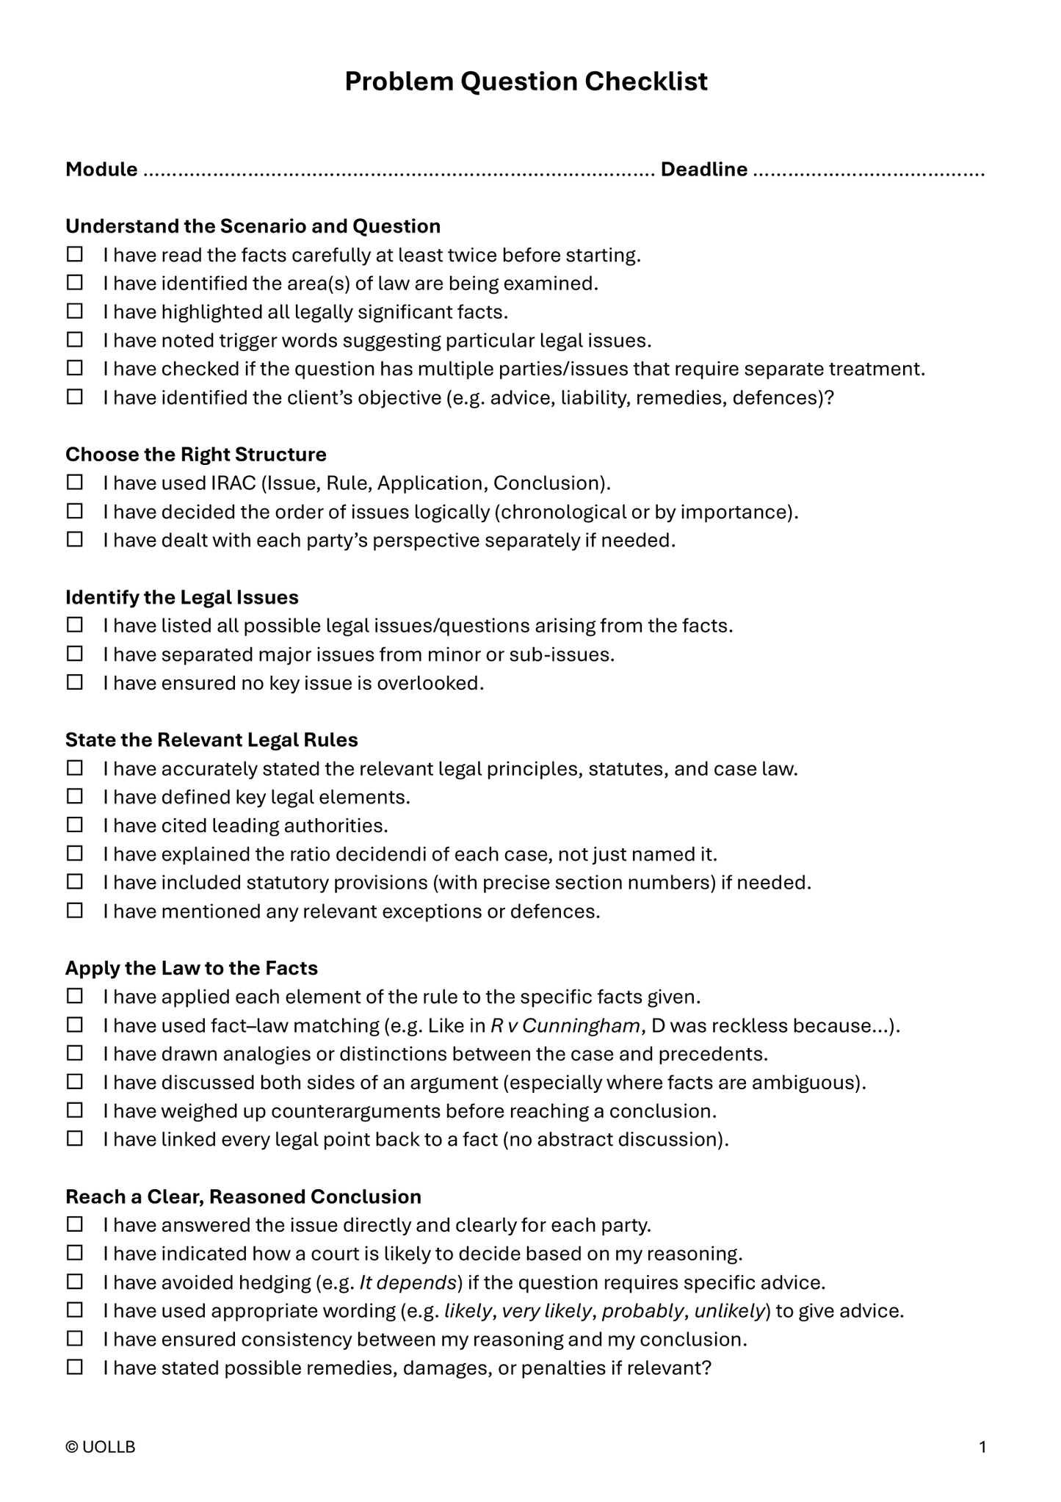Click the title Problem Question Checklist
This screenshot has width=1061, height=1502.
(x=526, y=82)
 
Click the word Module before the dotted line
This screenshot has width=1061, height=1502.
(x=101, y=170)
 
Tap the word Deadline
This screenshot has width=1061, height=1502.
(x=703, y=170)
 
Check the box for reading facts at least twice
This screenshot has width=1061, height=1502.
(x=75, y=255)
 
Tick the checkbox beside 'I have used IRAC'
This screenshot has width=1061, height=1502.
(x=75, y=483)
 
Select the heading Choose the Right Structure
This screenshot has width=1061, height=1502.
(x=196, y=455)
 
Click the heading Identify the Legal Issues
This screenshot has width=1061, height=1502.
(x=182, y=597)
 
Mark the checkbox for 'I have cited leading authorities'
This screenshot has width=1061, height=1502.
(x=75, y=825)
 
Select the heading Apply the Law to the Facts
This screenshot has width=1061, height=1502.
(x=192, y=968)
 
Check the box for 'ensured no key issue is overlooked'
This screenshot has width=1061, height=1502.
(x=75, y=682)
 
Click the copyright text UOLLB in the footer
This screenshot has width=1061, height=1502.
(x=101, y=1447)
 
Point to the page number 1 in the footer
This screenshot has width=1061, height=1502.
(x=982, y=1447)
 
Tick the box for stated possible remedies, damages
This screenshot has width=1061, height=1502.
(x=75, y=1368)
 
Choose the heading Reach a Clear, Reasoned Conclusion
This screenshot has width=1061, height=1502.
(x=243, y=1196)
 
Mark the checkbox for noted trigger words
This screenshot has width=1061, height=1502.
(x=75, y=340)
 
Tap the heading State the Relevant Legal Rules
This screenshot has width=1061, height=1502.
(x=211, y=740)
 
